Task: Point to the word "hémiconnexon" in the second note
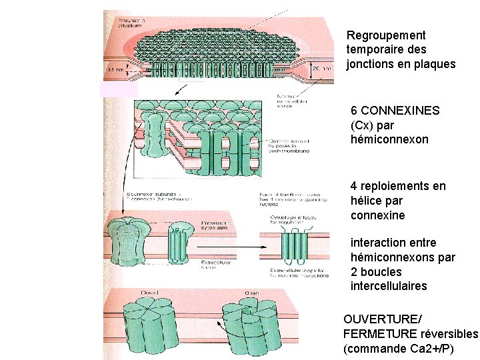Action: (389, 140)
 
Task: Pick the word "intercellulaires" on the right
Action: (389, 287)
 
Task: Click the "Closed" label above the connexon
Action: (151, 293)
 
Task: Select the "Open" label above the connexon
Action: (251, 293)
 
